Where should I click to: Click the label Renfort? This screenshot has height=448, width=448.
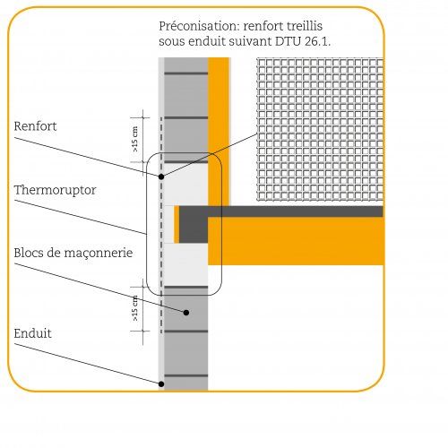click(x=35, y=126)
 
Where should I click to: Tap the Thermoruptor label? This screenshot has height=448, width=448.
click(x=55, y=190)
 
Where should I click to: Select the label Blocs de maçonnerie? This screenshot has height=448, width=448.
click(x=73, y=253)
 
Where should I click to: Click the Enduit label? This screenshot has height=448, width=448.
click(x=32, y=333)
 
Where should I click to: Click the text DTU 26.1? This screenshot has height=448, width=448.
click(x=303, y=41)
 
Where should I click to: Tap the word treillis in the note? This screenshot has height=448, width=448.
click(x=305, y=26)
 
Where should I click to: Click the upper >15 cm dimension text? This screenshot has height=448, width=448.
click(x=135, y=139)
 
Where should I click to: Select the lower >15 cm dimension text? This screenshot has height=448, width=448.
click(x=135, y=308)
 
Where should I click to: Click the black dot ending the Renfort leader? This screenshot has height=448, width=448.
click(x=161, y=177)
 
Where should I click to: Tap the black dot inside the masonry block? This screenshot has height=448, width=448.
click(x=186, y=313)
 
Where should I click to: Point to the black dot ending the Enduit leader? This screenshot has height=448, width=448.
click(x=161, y=383)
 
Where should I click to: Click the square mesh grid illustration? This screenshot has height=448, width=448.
click(x=320, y=129)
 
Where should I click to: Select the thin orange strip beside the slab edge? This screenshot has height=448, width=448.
click(x=177, y=224)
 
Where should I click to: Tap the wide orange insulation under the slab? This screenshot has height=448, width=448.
click(x=296, y=241)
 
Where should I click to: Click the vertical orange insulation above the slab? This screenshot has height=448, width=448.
click(x=219, y=132)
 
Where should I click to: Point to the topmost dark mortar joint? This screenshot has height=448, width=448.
click(x=186, y=73)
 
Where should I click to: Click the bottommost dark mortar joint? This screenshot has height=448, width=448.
click(x=186, y=375)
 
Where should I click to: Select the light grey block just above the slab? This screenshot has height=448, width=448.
click(x=186, y=185)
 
